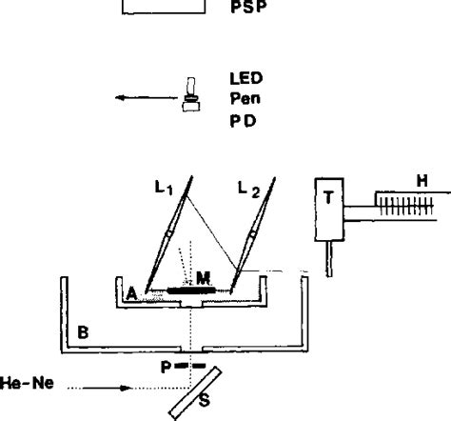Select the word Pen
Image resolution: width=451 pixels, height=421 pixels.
(245, 99)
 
